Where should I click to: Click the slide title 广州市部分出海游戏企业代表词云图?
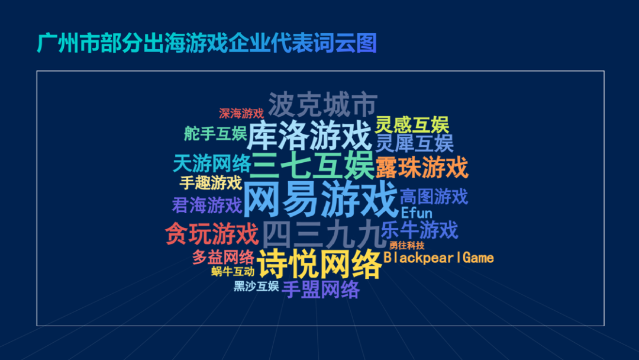click(x=206, y=43)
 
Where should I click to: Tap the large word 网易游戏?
click(x=319, y=200)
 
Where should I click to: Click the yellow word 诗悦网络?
click(x=319, y=264)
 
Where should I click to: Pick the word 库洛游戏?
click(x=309, y=136)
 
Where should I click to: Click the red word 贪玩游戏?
click(x=212, y=234)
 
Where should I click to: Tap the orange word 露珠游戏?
click(x=421, y=168)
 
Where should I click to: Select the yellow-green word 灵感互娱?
click(x=412, y=125)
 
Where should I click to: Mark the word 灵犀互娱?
click(x=414, y=143)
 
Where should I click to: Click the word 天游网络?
click(x=212, y=163)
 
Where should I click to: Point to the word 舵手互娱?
click(x=215, y=134)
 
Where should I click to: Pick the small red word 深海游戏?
click(x=241, y=113)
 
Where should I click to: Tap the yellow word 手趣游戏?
click(x=211, y=182)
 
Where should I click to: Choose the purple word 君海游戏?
click(x=207, y=205)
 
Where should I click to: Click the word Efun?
click(x=417, y=213)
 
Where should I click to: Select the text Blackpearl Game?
click(x=438, y=258)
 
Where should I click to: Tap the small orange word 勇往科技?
click(x=406, y=245)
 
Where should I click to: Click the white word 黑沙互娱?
click(x=256, y=287)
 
